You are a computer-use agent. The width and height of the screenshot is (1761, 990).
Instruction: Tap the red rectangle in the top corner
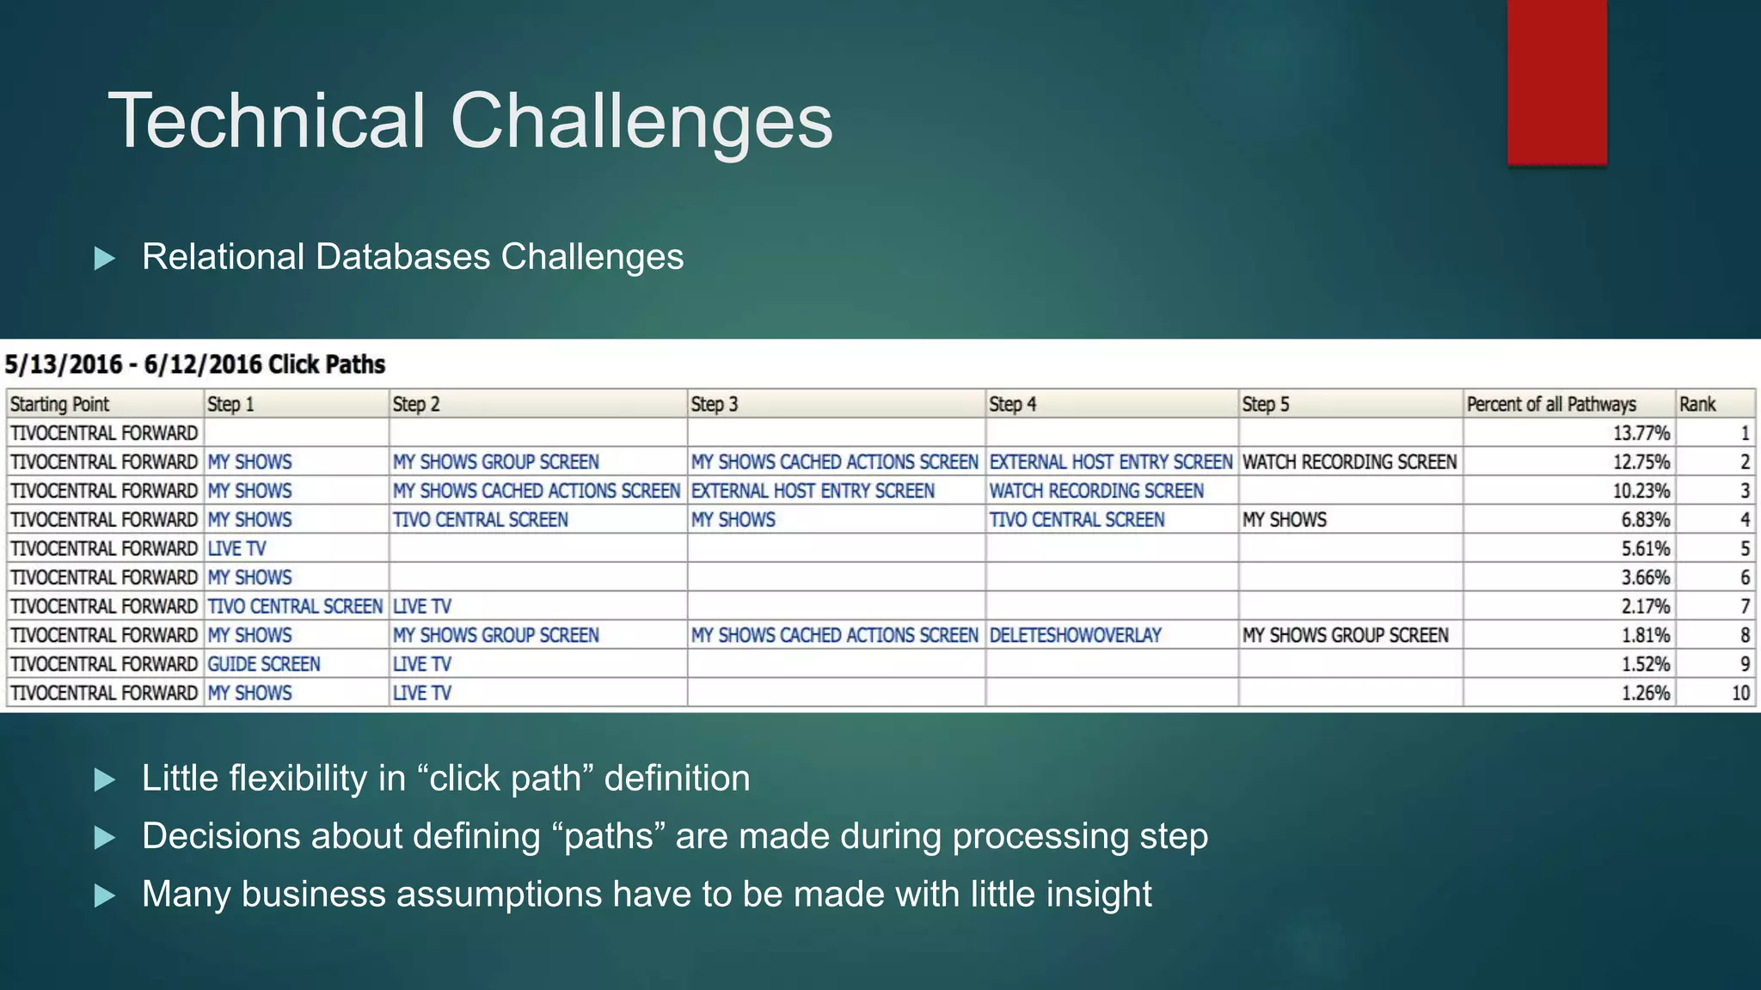tap(1556, 82)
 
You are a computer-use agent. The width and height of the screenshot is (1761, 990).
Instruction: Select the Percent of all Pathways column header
tap(1550, 404)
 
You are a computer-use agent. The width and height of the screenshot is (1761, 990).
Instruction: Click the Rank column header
tap(1697, 404)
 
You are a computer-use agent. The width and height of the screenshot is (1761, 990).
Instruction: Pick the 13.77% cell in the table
tap(1641, 433)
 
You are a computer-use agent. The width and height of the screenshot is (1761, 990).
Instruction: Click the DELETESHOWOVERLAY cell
tap(1075, 635)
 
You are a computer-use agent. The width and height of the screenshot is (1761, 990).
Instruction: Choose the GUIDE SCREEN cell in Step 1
tap(264, 664)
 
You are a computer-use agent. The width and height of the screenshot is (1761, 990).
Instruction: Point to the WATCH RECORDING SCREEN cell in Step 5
tap(1349, 462)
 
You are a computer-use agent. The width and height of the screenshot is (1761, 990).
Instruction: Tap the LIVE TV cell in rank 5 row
tap(237, 548)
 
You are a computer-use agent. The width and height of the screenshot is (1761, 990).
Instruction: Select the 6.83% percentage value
tap(1645, 520)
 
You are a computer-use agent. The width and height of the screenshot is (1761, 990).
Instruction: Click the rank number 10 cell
tap(1740, 693)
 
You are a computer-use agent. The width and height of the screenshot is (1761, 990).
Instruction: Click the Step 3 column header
tap(715, 404)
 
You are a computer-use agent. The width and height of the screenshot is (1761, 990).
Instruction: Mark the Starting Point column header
tap(59, 404)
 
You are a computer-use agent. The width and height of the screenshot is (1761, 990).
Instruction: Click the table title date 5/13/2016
tap(64, 364)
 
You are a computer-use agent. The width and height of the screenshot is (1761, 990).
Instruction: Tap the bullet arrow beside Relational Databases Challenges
tap(105, 258)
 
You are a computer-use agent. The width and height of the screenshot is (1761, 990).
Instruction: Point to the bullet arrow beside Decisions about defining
tap(105, 837)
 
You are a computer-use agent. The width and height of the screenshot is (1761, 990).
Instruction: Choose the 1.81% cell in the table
tap(1645, 635)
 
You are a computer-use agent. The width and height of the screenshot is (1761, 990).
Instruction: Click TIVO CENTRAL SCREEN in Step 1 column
tap(295, 607)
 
